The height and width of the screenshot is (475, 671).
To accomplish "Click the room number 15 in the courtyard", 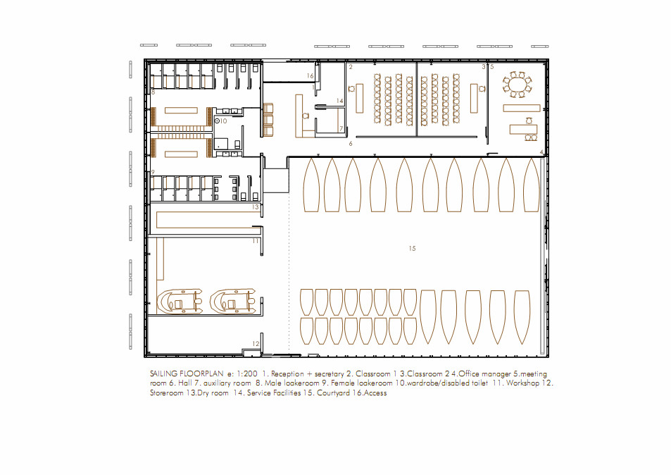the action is click(x=412, y=248).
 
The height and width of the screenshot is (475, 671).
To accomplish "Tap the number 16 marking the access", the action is click(x=311, y=76).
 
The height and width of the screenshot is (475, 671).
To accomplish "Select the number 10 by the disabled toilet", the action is click(x=223, y=121).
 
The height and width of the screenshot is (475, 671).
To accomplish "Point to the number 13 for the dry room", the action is click(x=256, y=207).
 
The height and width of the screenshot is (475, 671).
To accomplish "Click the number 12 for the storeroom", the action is click(x=256, y=343).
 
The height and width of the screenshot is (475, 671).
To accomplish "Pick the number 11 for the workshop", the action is click(x=256, y=241).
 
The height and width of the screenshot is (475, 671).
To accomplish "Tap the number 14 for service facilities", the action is click(x=340, y=101).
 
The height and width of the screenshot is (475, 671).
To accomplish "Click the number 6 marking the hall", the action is click(x=351, y=144).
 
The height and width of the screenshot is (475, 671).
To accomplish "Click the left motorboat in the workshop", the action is click(x=180, y=302).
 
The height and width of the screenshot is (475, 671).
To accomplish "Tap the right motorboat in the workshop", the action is click(x=233, y=302).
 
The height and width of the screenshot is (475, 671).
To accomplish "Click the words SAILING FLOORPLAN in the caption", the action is click(x=187, y=374).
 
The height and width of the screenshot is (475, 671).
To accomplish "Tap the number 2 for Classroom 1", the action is click(x=351, y=67).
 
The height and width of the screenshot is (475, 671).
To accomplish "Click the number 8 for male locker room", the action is click(x=153, y=92).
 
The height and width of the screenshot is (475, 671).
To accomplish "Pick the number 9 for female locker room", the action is click(x=153, y=173).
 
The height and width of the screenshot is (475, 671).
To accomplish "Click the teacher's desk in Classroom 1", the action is click(x=360, y=99).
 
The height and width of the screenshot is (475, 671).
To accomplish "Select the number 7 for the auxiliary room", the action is click(x=341, y=128).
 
